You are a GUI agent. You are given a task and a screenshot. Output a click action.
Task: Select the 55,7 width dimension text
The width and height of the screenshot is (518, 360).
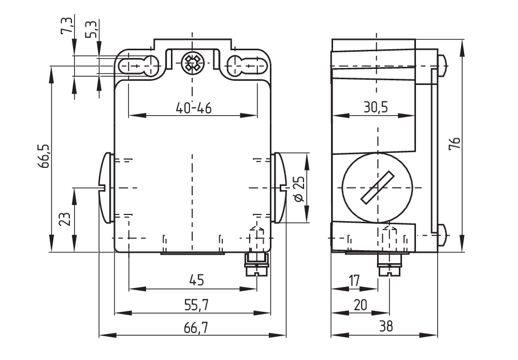[193, 306]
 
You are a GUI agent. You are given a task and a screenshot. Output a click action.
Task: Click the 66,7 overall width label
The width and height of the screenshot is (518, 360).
[193, 327]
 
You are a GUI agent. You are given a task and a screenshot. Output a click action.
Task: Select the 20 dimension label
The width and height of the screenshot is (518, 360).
[361, 306]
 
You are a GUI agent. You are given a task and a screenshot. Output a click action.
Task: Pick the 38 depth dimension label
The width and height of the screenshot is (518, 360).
[386, 327]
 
